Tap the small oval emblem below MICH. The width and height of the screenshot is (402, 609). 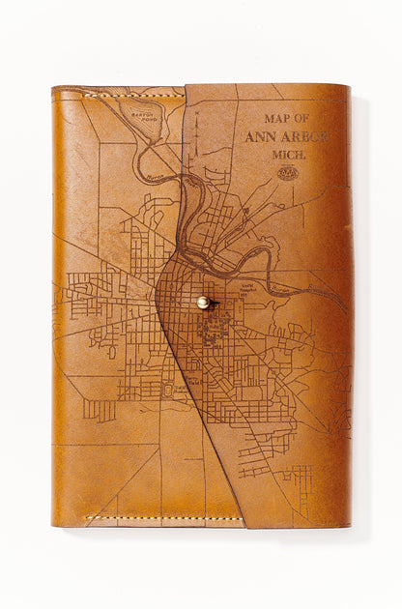point(288,174)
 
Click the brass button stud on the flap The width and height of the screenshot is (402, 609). point(203,303)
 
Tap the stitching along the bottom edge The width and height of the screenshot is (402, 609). point(164,519)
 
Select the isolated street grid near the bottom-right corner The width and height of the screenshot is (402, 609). point(296,478)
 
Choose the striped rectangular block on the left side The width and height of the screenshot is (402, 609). point(99,410)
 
